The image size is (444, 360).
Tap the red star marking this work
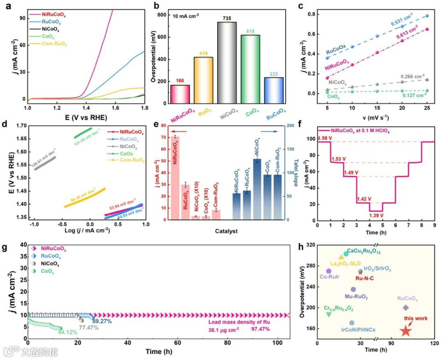click(405, 330)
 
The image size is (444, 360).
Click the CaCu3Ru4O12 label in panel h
click(364, 250)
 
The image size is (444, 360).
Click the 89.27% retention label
click(102, 321)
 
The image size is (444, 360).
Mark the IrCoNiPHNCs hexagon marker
click(351, 323)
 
